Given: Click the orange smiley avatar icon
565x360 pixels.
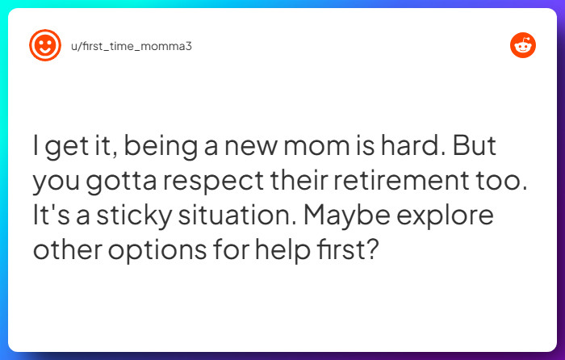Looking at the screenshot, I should coord(45,45).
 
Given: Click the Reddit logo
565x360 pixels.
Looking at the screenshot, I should coord(523,46).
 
